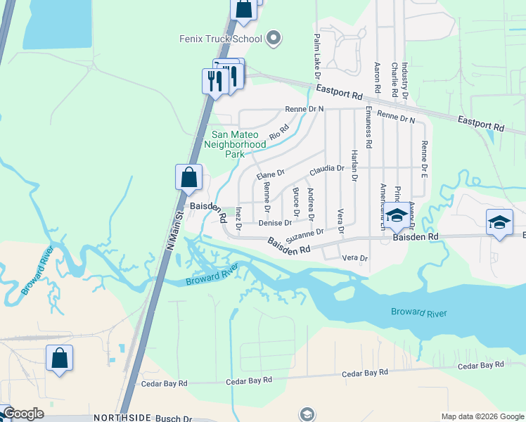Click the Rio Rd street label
(x=279, y=131)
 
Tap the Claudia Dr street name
(x=326, y=170)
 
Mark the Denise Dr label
(x=275, y=223)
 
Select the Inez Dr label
(x=238, y=218)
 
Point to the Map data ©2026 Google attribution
(x=482, y=416)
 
